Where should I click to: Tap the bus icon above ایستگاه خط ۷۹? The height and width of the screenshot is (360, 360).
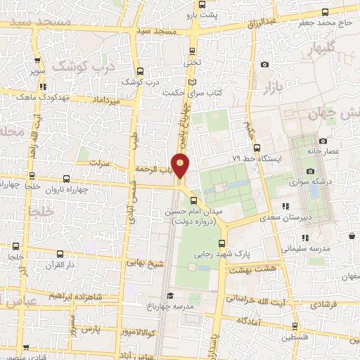coord(257,148)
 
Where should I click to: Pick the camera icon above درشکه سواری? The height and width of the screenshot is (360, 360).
coord(310,171)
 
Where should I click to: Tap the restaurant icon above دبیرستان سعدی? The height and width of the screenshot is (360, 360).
coord(285,206)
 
